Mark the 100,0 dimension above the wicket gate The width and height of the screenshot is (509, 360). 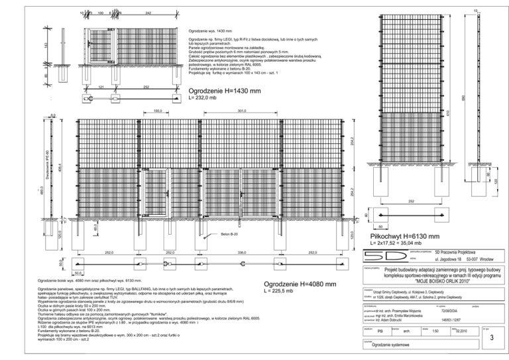pyautogui.click(x=158, y=111)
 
